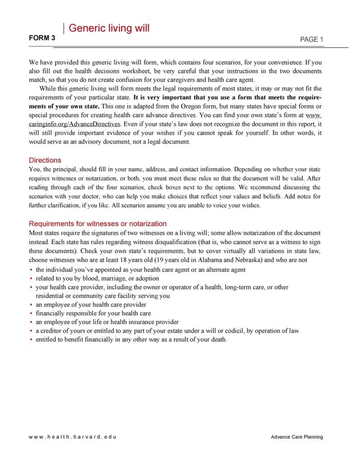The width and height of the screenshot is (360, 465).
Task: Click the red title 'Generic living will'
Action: [x=109, y=28]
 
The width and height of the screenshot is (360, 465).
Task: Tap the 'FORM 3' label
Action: [x=42, y=38]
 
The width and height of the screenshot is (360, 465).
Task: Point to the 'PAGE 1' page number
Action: [x=312, y=40]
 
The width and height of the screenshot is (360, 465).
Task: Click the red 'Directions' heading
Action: [x=45, y=160]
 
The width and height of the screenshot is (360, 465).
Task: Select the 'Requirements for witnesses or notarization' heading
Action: [x=97, y=224]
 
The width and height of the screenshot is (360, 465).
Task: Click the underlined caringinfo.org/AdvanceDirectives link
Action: [x=75, y=124]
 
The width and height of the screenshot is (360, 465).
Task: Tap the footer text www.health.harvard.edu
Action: [x=72, y=437]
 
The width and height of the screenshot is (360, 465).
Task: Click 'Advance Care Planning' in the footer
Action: [x=297, y=437]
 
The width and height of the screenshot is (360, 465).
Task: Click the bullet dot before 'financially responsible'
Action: [x=31, y=313]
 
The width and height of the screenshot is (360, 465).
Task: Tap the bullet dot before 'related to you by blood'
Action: [x=31, y=279]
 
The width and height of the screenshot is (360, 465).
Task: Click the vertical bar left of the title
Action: [x=64, y=28]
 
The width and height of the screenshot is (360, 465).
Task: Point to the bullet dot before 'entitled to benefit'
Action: [x=31, y=340]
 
